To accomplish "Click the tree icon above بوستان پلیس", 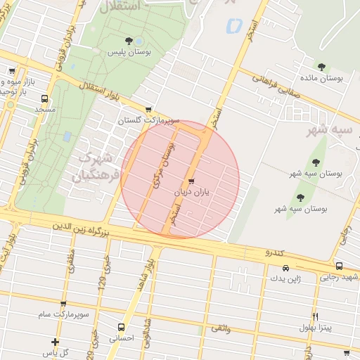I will [128, 41].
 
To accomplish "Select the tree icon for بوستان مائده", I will [321, 67].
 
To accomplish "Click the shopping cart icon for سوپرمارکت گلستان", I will [148, 110].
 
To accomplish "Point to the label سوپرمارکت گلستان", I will [148, 121].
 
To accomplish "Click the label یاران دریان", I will [193, 191].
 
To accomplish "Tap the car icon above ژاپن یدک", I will [285, 269].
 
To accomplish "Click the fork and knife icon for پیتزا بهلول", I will [315, 316].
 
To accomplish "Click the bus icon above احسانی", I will [122, 327].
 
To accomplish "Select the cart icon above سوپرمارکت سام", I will [63, 304].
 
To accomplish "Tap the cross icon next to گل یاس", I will [55, 342].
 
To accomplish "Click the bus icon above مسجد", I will [45, 98].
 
